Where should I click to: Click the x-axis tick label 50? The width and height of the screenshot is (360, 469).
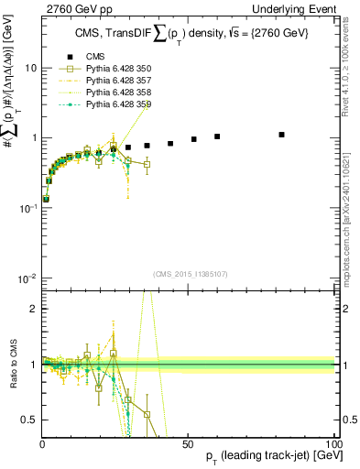click(187, 442)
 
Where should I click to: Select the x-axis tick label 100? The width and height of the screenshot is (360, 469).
click(331, 442)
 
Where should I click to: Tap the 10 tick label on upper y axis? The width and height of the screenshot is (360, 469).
click(29, 69)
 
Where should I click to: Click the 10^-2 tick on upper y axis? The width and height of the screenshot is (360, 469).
click(27, 278)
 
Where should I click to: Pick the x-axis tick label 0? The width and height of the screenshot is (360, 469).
click(42, 442)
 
